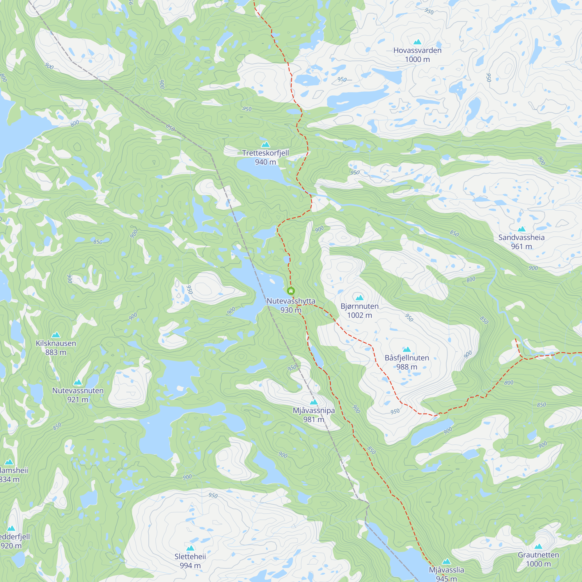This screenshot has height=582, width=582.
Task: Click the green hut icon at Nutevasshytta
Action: point(291,291)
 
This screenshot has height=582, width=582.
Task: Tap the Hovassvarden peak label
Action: point(417,50)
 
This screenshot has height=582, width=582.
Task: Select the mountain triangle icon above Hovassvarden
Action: point(417,42)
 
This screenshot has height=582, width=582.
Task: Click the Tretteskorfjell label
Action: point(265,153)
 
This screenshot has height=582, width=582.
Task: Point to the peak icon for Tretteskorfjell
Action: point(265,145)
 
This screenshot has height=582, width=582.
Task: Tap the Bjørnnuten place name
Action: point(359,306)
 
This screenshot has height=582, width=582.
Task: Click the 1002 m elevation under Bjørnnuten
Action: point(359,315)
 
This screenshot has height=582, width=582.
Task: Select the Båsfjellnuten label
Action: point(407,358)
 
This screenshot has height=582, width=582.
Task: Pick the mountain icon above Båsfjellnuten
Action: point(407,349)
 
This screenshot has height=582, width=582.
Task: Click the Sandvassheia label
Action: point(521,237)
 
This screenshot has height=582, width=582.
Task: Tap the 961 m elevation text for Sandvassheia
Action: point(521,246)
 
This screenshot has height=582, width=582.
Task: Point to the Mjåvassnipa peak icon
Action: point(314,402)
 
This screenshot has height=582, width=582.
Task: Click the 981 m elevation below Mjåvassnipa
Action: point(314,419)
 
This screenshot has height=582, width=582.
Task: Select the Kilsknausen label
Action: point(56,343)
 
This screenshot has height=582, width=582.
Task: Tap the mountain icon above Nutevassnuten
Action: point(78,382)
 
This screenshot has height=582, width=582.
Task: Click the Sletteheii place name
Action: point(190,556)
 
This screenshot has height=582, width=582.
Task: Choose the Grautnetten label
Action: point(538,555)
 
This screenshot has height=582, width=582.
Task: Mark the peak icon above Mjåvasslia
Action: point(446,561)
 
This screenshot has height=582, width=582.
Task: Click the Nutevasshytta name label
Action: point(291,301)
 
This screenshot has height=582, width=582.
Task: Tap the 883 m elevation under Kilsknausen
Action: point(56,352)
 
